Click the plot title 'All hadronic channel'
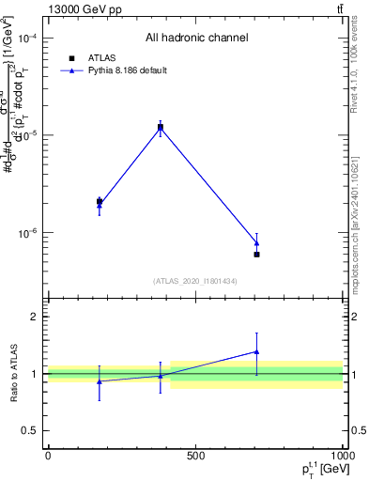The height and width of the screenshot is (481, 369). (196, 39)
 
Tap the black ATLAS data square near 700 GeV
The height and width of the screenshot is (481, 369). (256, 255)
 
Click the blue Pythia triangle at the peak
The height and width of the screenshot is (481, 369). (161, 126)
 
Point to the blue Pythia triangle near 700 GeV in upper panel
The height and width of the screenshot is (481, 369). (256, 243)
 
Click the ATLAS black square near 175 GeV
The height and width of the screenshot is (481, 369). (100, 201)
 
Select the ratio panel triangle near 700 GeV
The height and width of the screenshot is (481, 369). (256, 351)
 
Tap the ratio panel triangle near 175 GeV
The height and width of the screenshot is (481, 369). (100, 381)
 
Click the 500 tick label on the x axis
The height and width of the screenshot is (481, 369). (195, 456)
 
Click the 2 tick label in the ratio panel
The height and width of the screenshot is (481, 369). (35, 317)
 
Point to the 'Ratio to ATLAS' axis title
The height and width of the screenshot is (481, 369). (14, 373)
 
